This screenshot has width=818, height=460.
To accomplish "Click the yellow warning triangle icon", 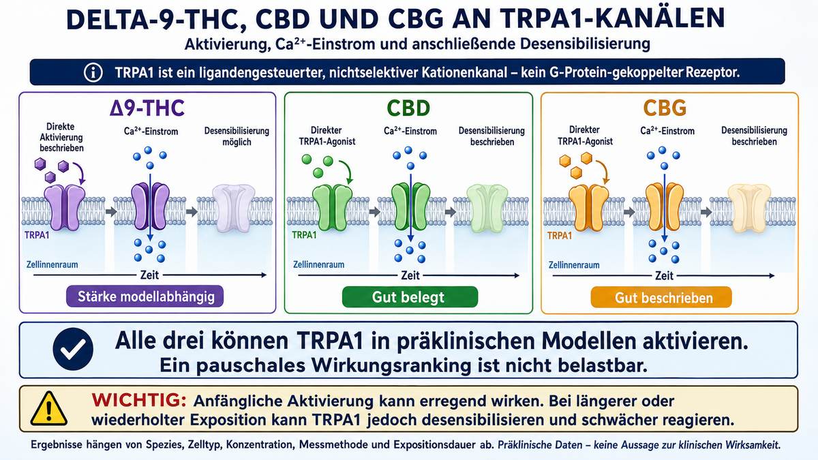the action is pyautogui.click(x=48, y=408).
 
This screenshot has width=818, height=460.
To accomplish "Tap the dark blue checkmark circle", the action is pyautogui.click(x=73, y=349).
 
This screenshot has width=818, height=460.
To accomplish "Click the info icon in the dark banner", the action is pyautogui.click(x=93, y=72).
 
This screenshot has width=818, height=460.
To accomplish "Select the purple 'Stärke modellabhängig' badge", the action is pyautogui.click(x=145, y=296).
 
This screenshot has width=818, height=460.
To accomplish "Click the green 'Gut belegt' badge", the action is pyautogui.click(x=410, y=297).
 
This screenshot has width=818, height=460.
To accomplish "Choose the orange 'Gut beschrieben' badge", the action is pyautogui.click(x=661, y=298).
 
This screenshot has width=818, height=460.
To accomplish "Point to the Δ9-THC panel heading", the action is pyautogui.click(x=147, y=108).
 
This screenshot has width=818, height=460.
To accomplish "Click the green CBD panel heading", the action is pyautogui.click(x=408, y=108).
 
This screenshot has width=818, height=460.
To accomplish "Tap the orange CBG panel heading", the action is pyautogui.click(x=665, y=108).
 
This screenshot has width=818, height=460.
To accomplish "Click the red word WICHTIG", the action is pyautogui.click(x=139, y=400).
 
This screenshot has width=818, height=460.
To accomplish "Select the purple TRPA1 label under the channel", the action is pyautogui.click(x=37, y=234).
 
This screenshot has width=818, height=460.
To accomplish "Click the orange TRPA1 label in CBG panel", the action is pyautogui.click(x=560, y=236).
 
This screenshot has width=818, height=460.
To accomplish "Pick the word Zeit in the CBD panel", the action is pyautogui.click(x=410, y=275).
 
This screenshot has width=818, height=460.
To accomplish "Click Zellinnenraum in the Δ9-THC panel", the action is pyautogui.click(x=52, y=264).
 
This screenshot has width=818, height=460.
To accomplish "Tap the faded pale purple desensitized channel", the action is pyautogui.click(x=234, y=208).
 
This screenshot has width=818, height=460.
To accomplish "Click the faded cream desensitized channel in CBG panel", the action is pyautogui.click(x=749, y=208).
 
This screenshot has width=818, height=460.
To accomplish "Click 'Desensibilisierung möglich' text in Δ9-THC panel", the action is pyautogui.click(x=237, y=136).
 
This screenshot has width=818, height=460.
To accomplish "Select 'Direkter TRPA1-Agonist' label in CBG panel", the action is pyautogui.click(x=585, y=136).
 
